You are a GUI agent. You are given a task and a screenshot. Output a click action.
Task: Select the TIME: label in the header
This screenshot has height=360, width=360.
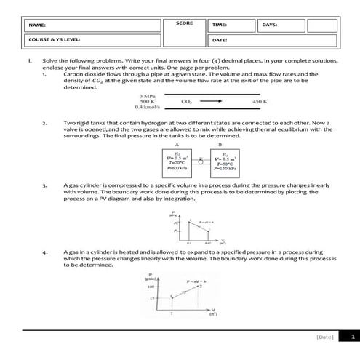pyautogui.click(x=219, y=25)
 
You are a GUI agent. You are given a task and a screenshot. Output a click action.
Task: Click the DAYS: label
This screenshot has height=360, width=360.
pyautogui.click(x=268, y=25)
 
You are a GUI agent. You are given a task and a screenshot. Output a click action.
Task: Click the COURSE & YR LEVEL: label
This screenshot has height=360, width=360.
pyautogui.click(x=55, y=39)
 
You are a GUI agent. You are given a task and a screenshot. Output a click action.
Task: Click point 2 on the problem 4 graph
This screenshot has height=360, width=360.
pyautogui.click(x=199, y=286)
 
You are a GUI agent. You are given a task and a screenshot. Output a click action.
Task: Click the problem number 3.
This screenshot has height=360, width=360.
pyautogui.click(x=44, y=186)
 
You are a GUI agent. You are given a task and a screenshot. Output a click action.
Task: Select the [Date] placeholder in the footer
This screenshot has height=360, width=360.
pyautogui.click(x=324, y=337)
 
